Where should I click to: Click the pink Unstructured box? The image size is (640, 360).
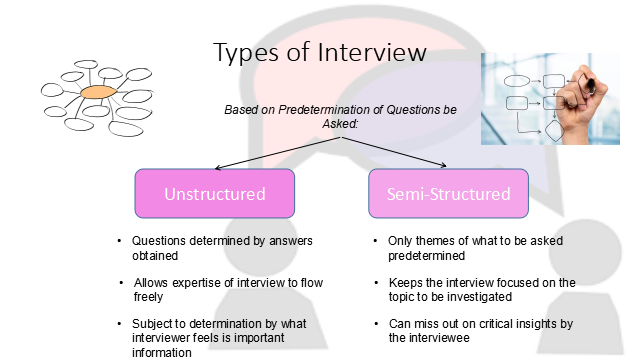pos(215,193)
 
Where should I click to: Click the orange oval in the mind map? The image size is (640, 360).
pos(97,93)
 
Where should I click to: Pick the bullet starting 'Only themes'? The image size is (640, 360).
pos(471,249)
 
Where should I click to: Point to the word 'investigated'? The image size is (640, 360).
pos(481,297)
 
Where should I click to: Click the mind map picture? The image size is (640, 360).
pos(94,97)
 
